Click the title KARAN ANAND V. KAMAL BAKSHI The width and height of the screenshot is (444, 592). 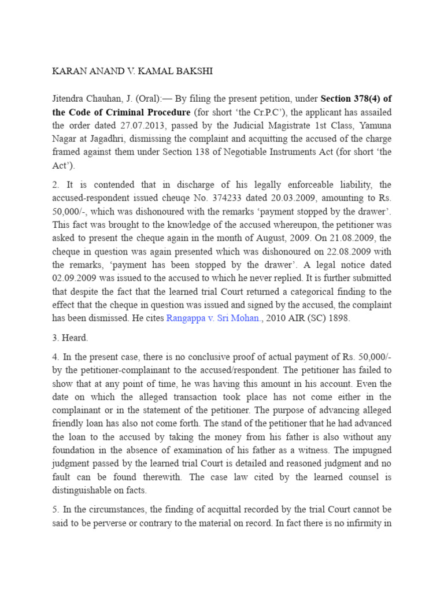[x=132, y=72]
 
